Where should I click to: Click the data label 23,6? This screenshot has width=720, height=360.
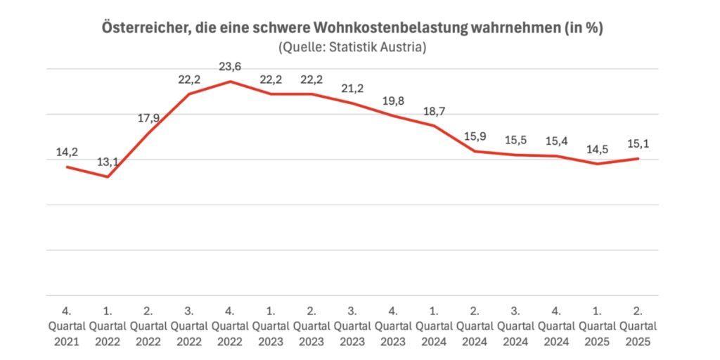pos(230,67)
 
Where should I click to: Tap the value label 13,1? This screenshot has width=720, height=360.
pos(108,162)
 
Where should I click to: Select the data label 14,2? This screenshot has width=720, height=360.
pos(67,152)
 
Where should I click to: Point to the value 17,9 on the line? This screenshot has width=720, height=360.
pos(148,118)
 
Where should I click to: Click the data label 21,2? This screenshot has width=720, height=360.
pos(352,88)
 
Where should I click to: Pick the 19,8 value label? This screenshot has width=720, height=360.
pos(393,101)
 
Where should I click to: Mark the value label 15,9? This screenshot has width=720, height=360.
pos(475,136)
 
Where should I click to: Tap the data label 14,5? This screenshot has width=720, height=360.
pos(597,149)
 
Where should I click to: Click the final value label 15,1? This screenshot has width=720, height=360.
pos(638,143)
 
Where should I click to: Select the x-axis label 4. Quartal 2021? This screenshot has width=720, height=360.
pos(67,326)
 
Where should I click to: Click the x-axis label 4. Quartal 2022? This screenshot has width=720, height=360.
pos(230,326)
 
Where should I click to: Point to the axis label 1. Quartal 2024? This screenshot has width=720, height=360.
pos(434,326)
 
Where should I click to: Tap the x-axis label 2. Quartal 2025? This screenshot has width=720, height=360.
pos(638,326)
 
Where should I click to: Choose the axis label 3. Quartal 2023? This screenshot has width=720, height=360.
pos(352,326)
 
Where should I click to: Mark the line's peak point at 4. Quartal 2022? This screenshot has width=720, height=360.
pos(230,82)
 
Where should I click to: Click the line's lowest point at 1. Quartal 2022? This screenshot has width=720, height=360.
pos(108,176)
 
